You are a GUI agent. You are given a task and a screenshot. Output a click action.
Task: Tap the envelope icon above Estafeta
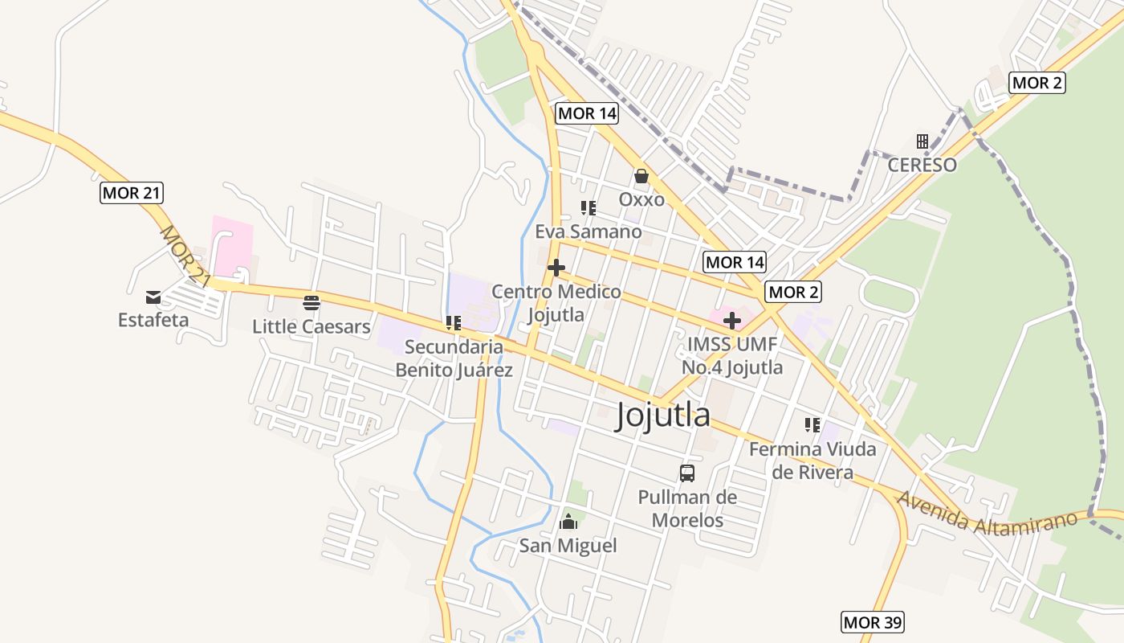click(153, 298)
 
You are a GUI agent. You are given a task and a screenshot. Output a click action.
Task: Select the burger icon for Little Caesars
click(312, 303)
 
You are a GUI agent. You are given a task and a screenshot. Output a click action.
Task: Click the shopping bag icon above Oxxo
click(641, 176)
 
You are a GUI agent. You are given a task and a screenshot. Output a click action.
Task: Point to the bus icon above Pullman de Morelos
click(687, 473)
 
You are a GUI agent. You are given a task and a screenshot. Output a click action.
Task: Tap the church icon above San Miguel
click(568, 522)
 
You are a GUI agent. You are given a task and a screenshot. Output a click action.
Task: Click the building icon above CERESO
click(922, 141)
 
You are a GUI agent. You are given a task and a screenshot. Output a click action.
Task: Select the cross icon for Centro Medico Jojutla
click(556, 268)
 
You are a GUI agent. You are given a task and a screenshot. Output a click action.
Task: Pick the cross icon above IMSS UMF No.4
click(731, 321)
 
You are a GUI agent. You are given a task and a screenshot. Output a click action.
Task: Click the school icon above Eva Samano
click(588, 208)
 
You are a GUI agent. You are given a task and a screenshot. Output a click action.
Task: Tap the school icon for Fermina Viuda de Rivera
click(812, 425)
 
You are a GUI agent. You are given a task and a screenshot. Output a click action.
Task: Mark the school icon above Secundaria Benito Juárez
click(454, 323)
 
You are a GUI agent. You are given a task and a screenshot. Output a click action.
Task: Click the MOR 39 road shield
click(873, 621)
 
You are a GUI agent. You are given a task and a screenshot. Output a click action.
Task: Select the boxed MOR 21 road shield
click(132, 193)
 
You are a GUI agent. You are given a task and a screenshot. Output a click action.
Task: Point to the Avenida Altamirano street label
click(987, 513)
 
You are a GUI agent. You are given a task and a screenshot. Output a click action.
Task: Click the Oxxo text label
click(641, 199)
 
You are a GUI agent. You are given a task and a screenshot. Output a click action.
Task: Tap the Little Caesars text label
click(312, 326)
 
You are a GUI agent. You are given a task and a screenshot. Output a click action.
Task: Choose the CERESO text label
click(922, 165)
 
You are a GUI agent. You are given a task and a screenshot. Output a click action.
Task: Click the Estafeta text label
click(153, 320)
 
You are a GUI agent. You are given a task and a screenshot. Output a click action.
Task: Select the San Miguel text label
click(568, 546)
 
